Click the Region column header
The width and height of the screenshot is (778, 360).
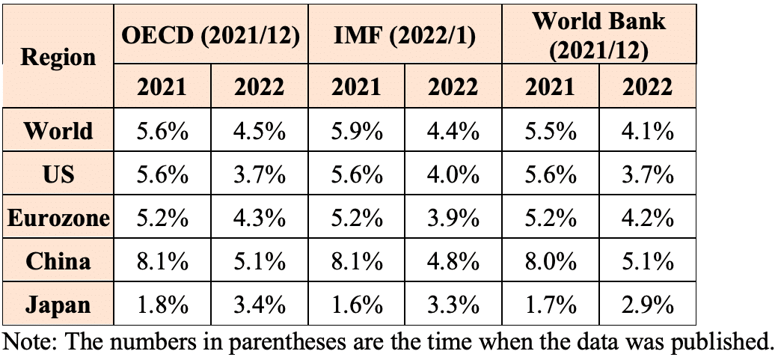58,57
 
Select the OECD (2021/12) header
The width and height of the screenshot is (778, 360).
211,37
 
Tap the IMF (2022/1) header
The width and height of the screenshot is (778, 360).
405,37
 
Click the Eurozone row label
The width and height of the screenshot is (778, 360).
58,219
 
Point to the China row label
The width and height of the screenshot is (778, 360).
58,262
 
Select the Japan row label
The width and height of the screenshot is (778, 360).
58,305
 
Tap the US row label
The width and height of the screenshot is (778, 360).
58,174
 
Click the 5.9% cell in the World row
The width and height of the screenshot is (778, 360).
356,132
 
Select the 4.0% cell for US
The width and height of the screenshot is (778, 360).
453,174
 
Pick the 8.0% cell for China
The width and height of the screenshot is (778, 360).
550,262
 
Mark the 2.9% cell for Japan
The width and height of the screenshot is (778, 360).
648,305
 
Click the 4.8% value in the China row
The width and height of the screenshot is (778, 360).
453,262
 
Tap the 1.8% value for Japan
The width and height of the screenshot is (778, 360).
162,305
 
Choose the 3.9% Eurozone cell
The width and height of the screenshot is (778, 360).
453,219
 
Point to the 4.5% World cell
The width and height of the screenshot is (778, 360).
260,132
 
